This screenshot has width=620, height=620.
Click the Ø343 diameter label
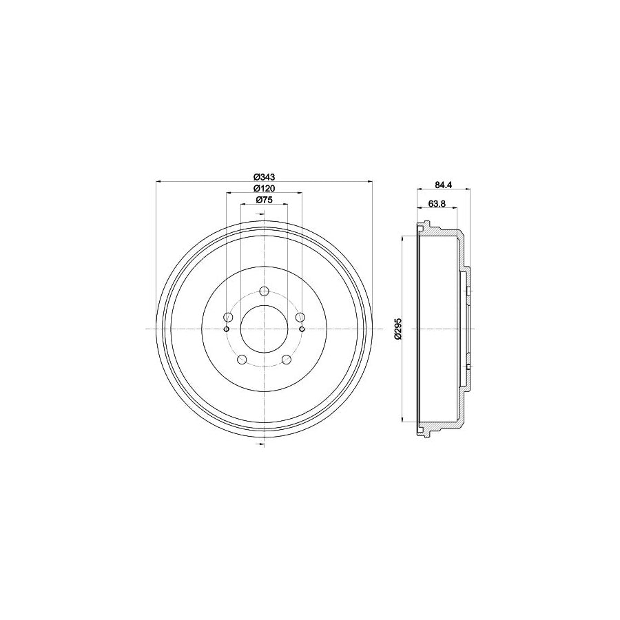coord(265,177)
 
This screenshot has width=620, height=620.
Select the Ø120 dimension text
coord(265,188)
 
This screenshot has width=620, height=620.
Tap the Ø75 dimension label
coord(265,200)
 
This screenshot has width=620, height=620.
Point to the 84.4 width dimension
coord(444,184)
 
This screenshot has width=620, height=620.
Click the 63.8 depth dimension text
coord(437,203)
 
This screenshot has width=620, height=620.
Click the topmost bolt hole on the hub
coord(264,291)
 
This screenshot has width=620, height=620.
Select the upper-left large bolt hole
coord(229,317)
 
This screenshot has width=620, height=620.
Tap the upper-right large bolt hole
coord(299,317)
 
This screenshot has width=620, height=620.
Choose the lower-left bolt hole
coord(242,359)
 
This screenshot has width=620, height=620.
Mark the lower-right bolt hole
coord(286,359)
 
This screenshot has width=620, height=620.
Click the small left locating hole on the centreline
coord(226,329)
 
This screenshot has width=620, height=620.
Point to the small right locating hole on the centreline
coord(302,329)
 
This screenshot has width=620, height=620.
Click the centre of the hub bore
coord(264,329)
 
